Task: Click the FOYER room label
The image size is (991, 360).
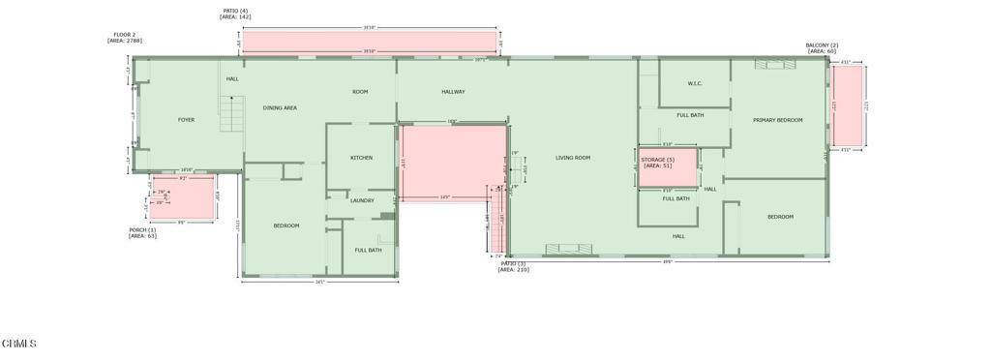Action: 186,120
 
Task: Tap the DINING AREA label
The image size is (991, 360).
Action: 280,108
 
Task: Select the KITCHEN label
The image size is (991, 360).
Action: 361,158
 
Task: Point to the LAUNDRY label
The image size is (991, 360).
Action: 362,200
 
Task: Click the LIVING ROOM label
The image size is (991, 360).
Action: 573,158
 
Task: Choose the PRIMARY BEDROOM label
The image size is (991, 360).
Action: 778,120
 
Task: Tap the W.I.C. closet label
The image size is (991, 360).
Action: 695,84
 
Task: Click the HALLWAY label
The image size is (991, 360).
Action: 453,92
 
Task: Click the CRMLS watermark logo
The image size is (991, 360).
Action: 19,344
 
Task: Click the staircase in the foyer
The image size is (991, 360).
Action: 229,115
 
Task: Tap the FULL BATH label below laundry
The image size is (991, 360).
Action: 368,251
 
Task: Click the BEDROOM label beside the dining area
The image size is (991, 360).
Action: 286,225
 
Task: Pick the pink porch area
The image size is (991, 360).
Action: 184,198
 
